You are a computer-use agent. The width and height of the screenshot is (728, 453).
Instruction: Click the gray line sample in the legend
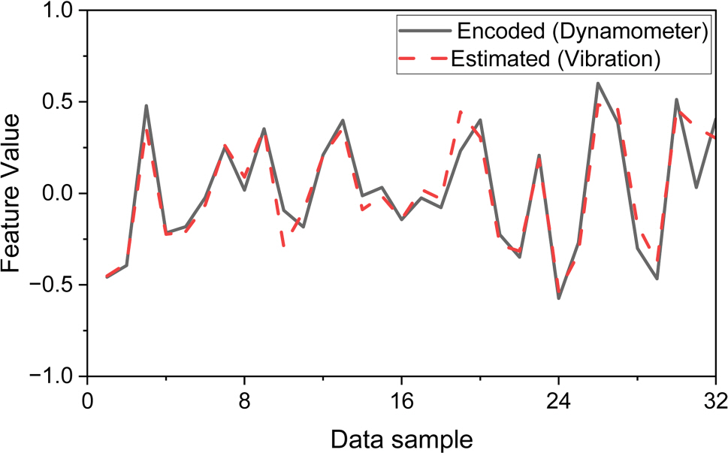[425, 32]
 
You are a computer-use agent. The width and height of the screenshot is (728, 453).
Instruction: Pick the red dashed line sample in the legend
[425, 59]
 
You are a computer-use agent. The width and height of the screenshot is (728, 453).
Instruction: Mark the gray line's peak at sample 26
[598, 83]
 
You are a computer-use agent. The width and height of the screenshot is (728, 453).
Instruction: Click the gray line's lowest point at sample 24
[559, 298]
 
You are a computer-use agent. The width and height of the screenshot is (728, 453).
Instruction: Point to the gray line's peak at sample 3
[147, 106]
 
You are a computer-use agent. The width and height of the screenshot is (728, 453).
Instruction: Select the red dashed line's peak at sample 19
[461, 111]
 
